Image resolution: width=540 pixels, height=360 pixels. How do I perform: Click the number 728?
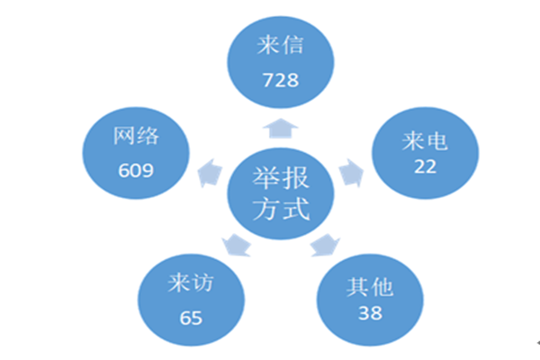(x=281, y=80)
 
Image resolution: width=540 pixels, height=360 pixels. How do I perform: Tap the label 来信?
(x=280, y=45)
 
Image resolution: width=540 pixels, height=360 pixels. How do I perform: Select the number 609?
(x=136, y=170)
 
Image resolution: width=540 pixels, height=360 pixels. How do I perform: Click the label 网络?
(x=136, y=136)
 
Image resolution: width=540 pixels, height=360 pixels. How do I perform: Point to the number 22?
(x=426, y=166)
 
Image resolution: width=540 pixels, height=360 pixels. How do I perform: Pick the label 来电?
(x=425, y=141)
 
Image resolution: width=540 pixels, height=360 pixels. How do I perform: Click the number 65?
(x=191, y=318)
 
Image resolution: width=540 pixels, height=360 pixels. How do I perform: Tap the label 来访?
(x=191, y=283)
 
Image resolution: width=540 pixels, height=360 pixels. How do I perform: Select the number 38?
(x=370, y=313)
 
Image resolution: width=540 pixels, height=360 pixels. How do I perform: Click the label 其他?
(x=370, y=287)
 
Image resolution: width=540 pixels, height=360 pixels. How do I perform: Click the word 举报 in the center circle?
(x=281, y=178)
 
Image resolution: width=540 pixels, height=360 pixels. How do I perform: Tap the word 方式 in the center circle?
(x=281, y=209)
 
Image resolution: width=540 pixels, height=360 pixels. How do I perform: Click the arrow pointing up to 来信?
(x=280, y=129)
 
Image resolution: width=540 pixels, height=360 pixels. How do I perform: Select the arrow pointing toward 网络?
(x=210, y=173)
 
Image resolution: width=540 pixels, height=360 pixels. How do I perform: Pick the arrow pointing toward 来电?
(x=351, y=173)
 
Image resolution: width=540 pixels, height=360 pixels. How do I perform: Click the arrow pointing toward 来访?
(x=237, y=246)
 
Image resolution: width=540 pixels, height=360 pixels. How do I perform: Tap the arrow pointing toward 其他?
(x=325, y=246)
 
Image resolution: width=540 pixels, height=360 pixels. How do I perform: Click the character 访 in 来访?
(x=202, y=283)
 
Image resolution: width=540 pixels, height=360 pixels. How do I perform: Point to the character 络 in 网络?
(x=148, y=136)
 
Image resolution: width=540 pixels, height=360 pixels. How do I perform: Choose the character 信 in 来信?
(x=292, y=45)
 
